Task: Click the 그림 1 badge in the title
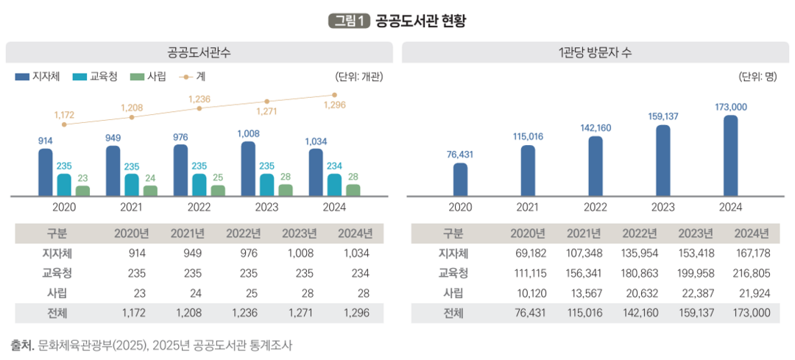point(348,21)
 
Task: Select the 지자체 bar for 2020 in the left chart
point(46,172)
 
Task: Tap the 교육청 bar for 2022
point(199,185)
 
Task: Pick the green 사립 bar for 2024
point(353,190)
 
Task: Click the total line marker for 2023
point(266,102)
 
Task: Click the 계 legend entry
point(193,77)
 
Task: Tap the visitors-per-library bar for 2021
point(528,170)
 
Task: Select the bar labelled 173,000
point(731,155)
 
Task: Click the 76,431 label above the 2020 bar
point(460,154)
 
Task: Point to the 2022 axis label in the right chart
point(596,208)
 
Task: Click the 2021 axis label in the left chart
point(131,208)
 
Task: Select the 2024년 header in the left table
point(355,235)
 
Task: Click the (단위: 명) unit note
point(758,77)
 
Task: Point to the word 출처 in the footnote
point(21,345)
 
